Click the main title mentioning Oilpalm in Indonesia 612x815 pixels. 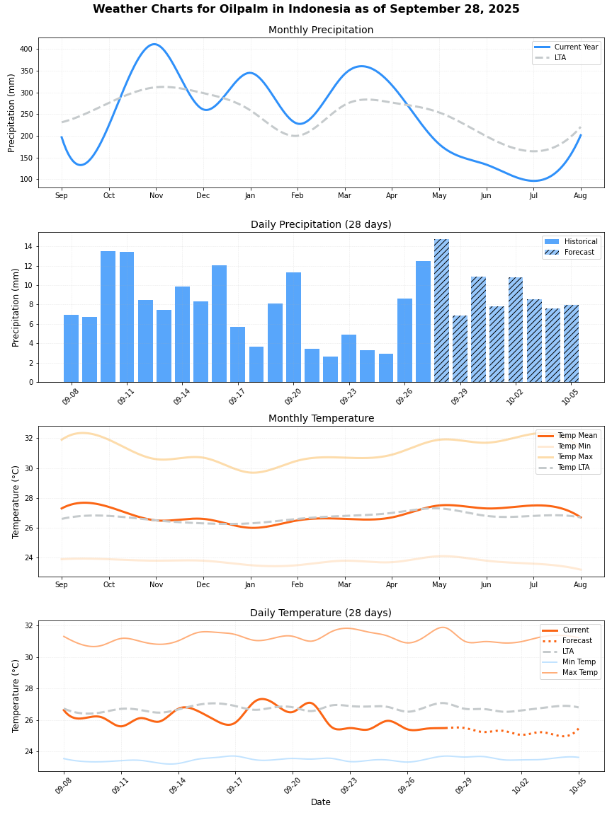306,9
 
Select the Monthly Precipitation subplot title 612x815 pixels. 321,30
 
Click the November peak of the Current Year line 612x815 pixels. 154,45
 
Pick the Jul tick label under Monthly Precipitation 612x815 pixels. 533,195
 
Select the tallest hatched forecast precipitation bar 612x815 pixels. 441,311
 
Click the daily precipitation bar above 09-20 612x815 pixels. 293,327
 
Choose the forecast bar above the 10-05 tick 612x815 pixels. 571,343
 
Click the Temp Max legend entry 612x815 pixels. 575,457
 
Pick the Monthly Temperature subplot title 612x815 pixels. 321,419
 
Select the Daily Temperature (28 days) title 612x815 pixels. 321,613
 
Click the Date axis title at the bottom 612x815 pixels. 321,802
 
